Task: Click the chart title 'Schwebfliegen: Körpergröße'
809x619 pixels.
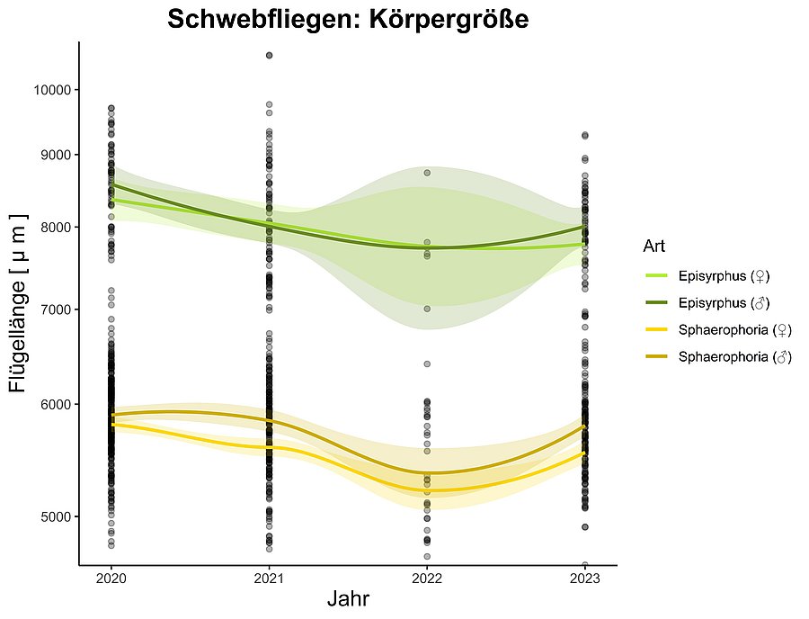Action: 348,19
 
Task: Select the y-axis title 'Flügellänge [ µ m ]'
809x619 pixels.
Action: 19,303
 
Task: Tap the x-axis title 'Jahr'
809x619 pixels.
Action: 348,598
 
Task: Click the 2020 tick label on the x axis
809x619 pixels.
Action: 111,577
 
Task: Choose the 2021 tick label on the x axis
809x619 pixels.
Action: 269,577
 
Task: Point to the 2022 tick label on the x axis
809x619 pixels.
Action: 427,577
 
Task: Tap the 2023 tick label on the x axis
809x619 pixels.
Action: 585,577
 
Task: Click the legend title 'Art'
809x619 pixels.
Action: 653,246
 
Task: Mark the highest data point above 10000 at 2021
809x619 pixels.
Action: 269,56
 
